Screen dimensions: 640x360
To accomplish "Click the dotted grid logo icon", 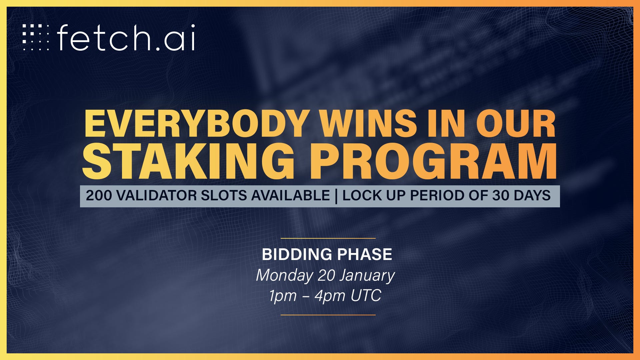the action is click(x=36, y=37).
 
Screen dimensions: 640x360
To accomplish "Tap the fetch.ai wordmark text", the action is click(x=126, y=37).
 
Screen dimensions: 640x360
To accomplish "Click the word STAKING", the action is click(x=189, y=161).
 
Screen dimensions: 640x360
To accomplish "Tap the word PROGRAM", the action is click(x=433, y=161).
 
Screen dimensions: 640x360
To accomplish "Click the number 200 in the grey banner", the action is click(x=99, y=195).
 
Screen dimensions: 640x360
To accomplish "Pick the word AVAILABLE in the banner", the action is click(x=290, y=195).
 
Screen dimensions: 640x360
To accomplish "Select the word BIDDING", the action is click(x=297, y=254).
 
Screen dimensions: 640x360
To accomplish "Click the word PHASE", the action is click(x=365, y=254).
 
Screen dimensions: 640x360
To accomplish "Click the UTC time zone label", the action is click(x=366, y=295).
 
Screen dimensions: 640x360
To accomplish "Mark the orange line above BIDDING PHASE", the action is click(x=328, y=238).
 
